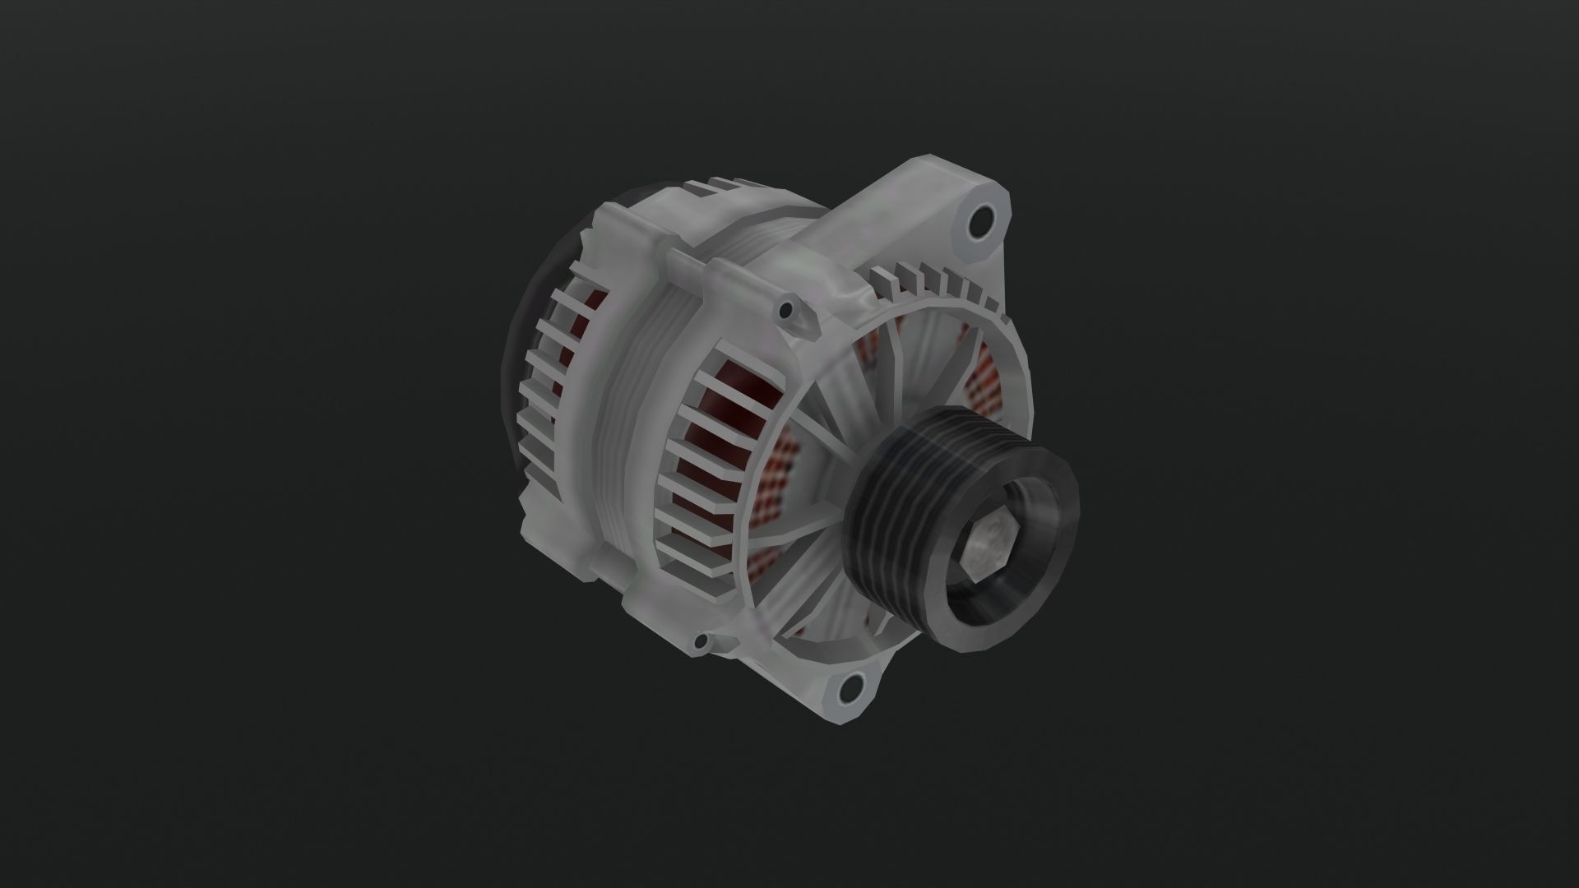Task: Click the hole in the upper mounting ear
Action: point(980,220)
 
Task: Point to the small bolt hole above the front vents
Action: point(787,310)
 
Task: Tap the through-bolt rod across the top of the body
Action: point(724,275)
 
